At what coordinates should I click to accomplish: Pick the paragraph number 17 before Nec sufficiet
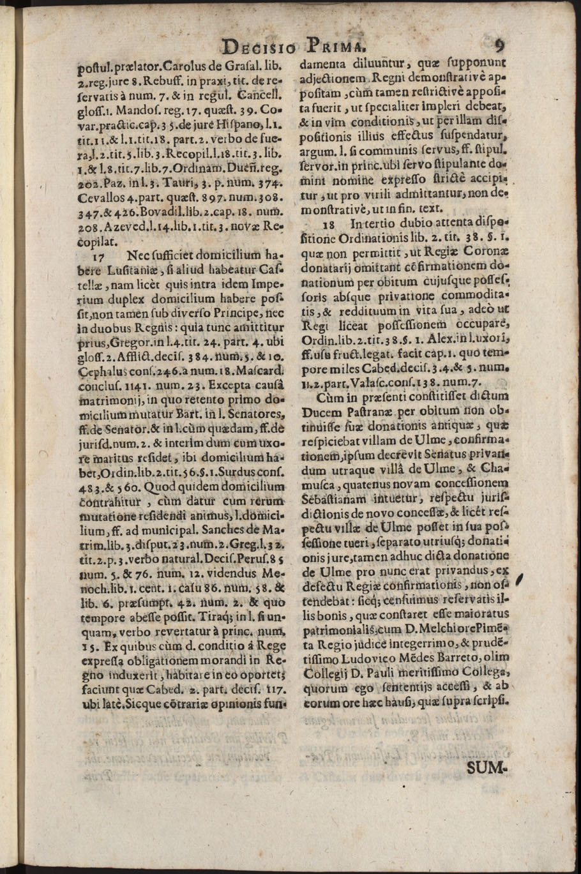[x=98, y=254]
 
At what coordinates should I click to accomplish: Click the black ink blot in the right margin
[x=519, y=580]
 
